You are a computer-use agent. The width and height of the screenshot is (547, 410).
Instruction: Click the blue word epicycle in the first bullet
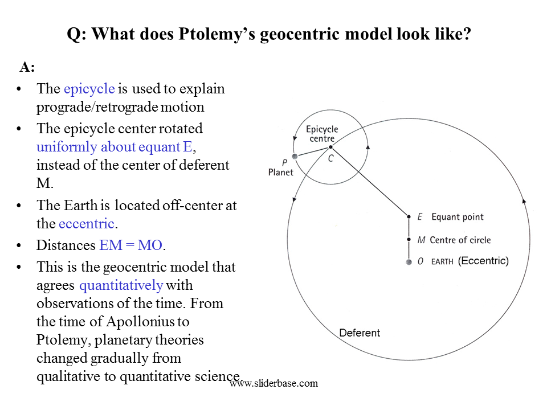(89, 89)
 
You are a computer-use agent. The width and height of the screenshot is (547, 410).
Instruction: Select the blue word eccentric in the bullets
(87, 223)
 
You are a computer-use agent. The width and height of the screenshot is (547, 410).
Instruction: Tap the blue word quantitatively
(121, 285)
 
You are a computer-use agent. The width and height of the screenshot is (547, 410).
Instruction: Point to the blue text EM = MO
(131, 245)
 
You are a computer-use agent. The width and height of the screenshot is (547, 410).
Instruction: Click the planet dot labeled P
(295, 157)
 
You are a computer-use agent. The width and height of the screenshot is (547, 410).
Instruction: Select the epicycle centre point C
(330, 147)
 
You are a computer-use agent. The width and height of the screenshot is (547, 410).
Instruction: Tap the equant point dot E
(409, 217)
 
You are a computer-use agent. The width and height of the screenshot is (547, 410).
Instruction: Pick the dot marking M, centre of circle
(409, 240)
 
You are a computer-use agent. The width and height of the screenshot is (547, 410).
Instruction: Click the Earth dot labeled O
(409, 262)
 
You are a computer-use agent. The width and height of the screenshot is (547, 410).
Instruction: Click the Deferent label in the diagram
(360, 333)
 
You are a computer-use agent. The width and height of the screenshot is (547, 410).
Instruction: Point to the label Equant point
(458, 217)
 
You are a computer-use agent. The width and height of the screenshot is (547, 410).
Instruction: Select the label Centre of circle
(460, 240)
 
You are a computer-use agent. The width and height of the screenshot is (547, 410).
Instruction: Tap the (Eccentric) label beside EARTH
(483, 261)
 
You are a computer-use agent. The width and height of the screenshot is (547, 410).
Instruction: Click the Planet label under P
(281, 172)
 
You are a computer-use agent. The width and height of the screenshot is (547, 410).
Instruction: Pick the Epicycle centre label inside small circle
(322, 134)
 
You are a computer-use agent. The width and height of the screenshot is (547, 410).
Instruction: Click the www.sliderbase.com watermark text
(274, 383)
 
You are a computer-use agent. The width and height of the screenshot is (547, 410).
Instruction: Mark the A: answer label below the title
(27, 67)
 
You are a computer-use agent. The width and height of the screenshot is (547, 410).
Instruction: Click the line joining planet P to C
(313, 151)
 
